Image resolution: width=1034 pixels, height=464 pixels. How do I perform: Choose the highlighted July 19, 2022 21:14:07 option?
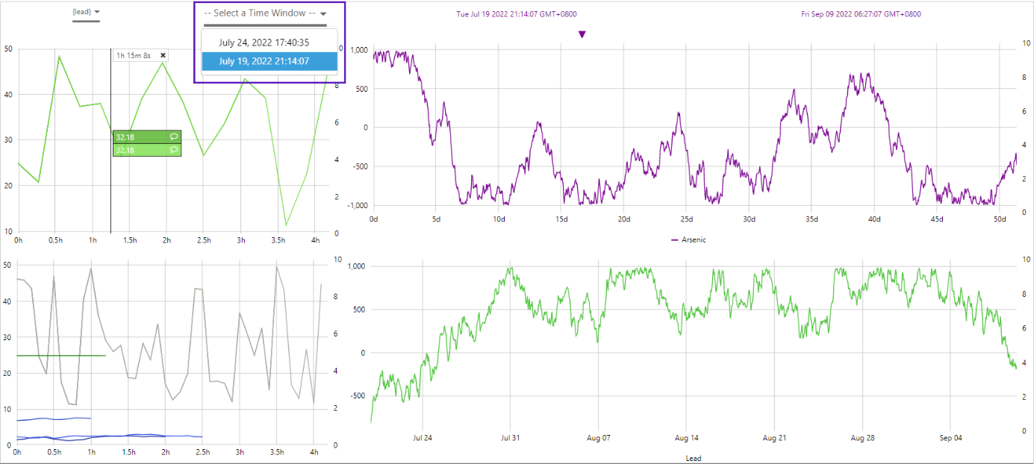point(264,61)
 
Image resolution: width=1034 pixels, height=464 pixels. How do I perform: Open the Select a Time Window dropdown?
point(266,13)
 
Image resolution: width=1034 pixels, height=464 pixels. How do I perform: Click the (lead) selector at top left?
point(86,12)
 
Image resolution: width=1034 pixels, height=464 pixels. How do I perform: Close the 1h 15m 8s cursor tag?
point(163,55)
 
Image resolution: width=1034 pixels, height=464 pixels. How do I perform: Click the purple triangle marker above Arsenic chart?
point(582,34)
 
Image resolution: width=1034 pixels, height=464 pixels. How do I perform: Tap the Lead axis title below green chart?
point(693,458)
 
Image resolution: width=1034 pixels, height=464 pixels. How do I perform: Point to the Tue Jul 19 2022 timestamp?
point(517,14)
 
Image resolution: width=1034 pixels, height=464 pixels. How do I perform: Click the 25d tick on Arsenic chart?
point(687,219)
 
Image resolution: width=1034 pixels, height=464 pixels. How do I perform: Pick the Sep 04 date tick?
point(950,438)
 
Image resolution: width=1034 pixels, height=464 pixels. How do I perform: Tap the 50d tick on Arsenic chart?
point(1000,219)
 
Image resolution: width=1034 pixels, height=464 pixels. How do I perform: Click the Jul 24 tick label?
point(423,438)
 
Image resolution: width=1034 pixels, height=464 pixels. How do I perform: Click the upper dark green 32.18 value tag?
point(146,137)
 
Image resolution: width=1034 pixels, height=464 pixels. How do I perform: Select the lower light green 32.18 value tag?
point(146,150)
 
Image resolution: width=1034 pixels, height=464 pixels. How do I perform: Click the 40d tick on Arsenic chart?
point(874,219)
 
